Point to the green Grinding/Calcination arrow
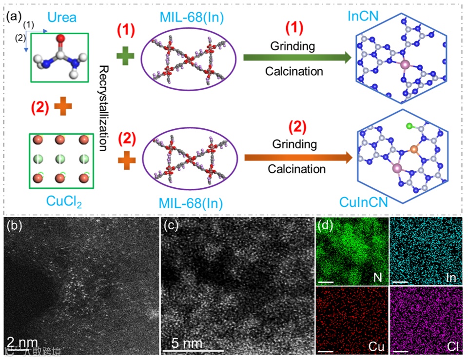pos(296,59)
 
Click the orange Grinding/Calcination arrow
pos(297,157)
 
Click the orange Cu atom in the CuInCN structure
pos(414,148)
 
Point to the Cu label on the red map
pos(376,347)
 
